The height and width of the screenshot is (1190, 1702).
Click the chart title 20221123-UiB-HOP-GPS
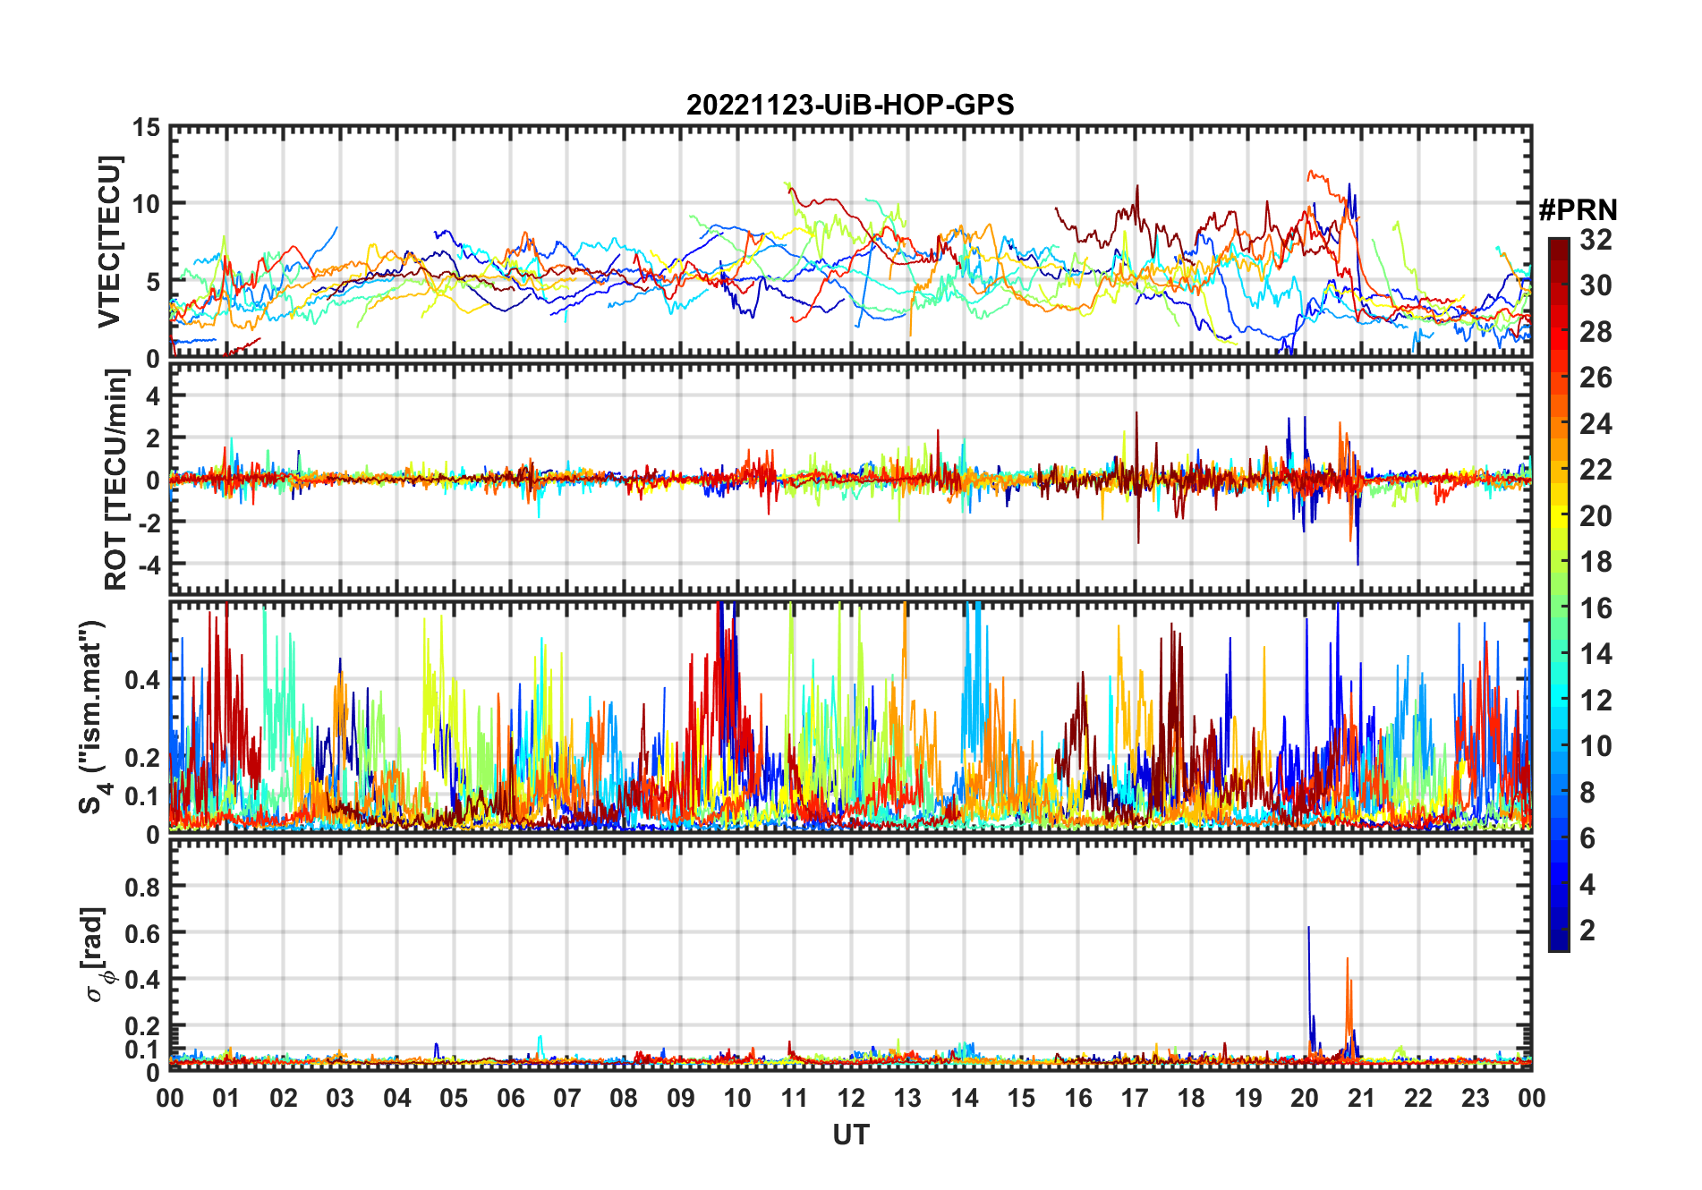pos(850,105)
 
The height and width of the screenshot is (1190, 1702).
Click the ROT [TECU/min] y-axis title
pos(116,480)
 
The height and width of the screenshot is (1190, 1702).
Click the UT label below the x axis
pos(850,1135)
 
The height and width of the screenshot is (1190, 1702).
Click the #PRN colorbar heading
pos(1578,210)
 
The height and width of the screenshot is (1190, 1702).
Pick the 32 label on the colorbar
pos(1596,240)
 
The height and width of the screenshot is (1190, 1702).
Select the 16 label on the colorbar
pos(1596,608)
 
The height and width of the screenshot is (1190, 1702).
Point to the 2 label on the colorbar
pos(1587,931)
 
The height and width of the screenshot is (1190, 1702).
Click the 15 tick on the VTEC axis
pos(146,128)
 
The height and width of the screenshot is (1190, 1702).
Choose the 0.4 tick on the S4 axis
pos(142,680)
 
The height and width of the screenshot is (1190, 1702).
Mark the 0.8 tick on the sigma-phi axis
pos(142,887)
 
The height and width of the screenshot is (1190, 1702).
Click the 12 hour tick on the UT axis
pos(851,1098)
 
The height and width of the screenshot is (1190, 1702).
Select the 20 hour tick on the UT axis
pos(1305,1098)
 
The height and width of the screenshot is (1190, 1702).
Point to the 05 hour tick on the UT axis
pos(454,1098)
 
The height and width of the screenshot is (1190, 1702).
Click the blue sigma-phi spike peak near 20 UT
pos(1308,928)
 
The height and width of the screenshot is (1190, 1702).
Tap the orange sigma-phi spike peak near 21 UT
pos(1348,959)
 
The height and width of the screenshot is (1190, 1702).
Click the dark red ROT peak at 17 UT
pos(1136,413)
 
